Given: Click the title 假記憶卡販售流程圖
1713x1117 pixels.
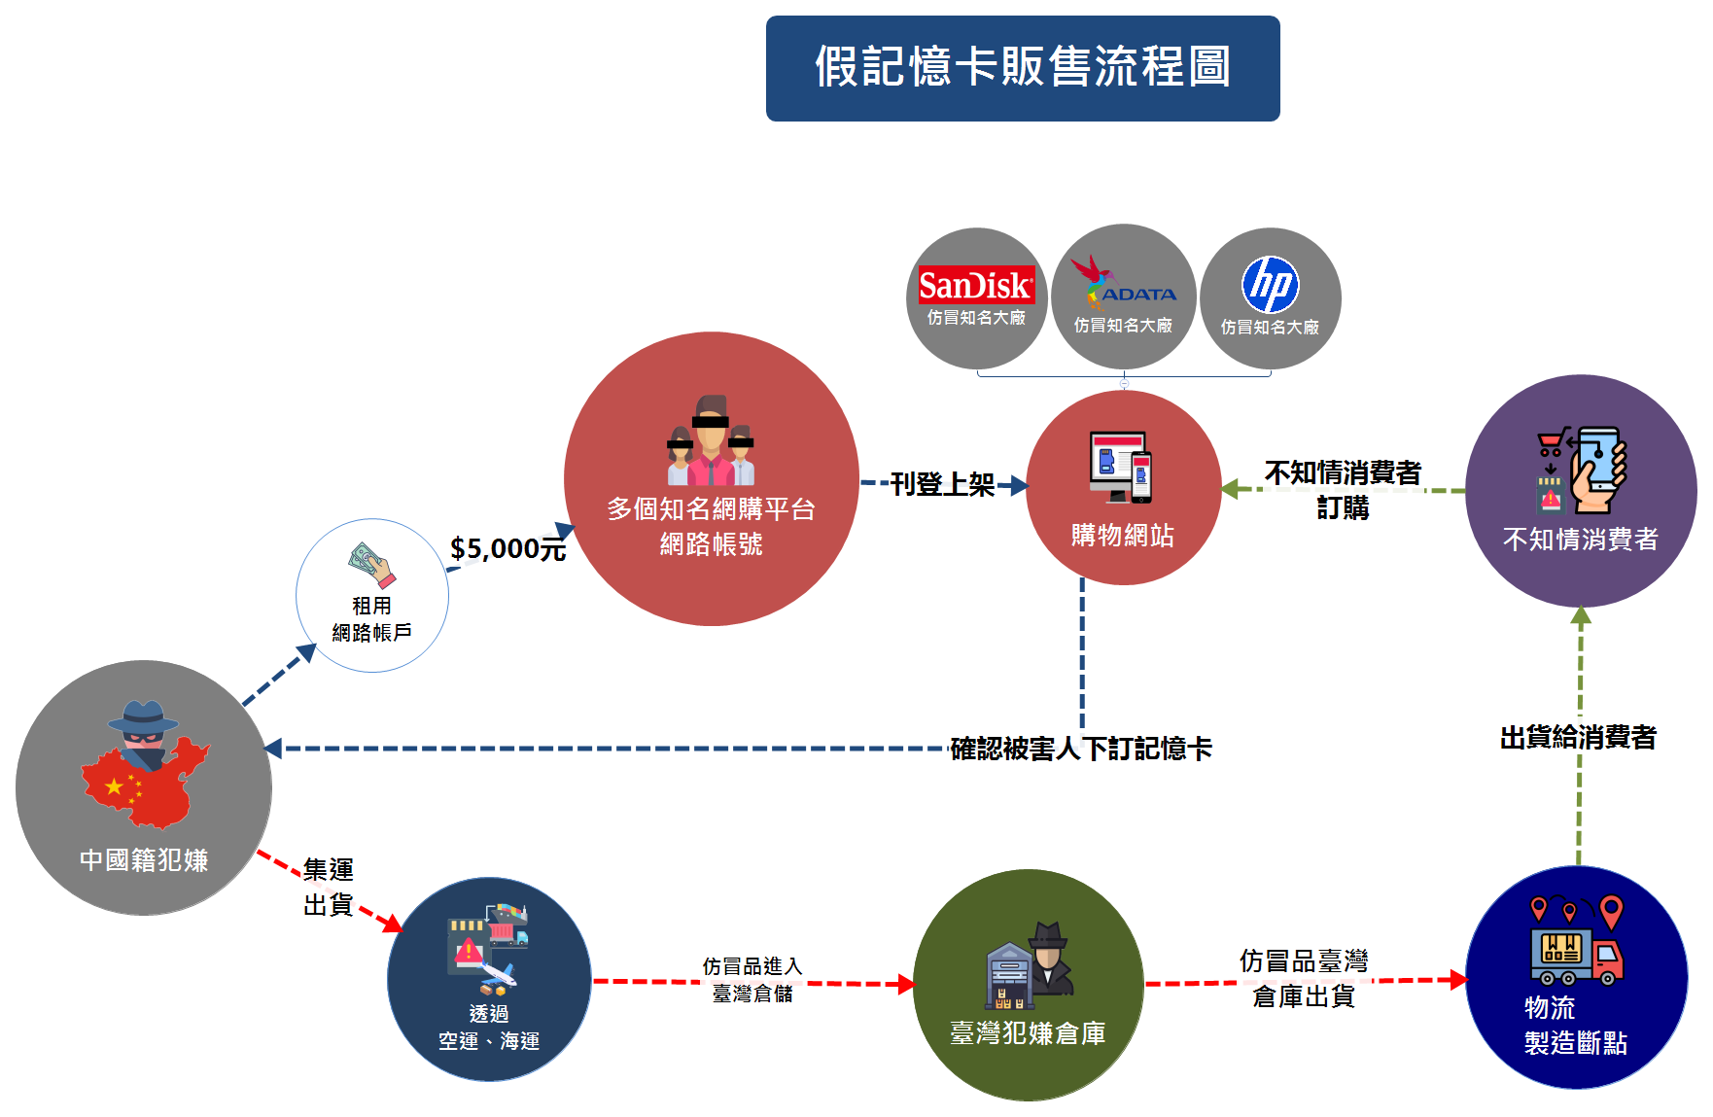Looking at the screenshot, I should coord(1023,67).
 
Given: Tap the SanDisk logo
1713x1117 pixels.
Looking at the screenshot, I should coord(976,285).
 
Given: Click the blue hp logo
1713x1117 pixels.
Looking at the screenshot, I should coord(1270,285).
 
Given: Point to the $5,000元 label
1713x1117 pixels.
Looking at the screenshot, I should coord(507,549).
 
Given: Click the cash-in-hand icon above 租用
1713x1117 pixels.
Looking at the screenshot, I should coord(371,565).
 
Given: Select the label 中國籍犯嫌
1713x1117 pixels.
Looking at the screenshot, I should coord(144,860).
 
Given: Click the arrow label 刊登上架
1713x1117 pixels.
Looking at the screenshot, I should coord(942,484).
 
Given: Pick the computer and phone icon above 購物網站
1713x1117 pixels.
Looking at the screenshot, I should coord(1121,467).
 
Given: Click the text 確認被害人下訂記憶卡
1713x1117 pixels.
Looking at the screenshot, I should coord(1080,749).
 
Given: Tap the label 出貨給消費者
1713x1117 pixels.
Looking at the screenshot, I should coord(1578,738).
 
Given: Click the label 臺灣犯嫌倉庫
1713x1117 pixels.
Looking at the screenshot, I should coord(1028,1033).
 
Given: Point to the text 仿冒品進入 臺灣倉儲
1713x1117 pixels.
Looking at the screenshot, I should coord(752,979).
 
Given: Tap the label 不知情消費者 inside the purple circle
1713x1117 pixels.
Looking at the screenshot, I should coord(1580,540).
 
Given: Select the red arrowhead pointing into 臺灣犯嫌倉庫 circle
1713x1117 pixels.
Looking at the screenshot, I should coord(906,985).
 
